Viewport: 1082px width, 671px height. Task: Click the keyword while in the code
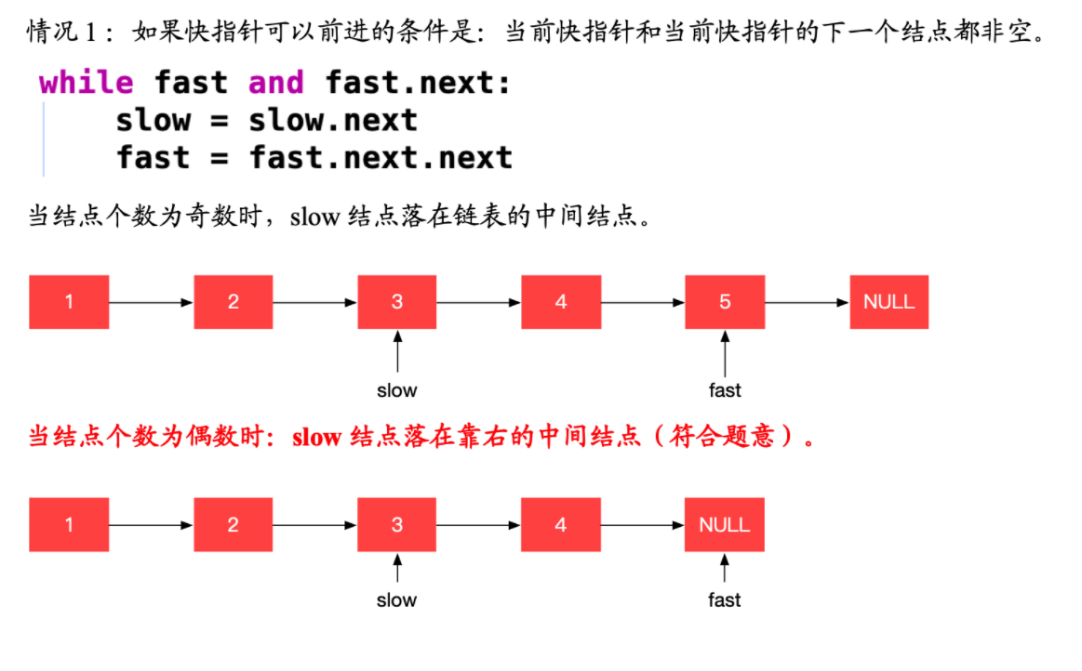pos(87,83)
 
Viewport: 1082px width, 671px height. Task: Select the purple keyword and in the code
pos(276,83)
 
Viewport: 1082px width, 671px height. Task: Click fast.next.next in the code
pos(381,158)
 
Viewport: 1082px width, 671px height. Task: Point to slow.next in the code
pos(333,121)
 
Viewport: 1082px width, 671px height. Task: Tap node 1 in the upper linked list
pos(69,302)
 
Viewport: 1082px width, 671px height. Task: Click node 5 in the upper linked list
pos(725,302)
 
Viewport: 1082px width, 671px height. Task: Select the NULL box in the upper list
pos(888,302)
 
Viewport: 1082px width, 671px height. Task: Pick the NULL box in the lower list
pos(725,525)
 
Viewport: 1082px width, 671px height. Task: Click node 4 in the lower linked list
pos(561,525)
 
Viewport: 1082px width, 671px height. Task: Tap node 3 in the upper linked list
pos(396,302)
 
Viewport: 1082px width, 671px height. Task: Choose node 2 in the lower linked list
pos(234,525)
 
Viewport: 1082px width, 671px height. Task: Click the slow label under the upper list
pos(396,390)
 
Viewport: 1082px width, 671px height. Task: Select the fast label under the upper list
pos(725,390)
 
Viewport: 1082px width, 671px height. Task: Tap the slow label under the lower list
pos(396,600)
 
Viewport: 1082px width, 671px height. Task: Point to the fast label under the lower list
pos(725,600)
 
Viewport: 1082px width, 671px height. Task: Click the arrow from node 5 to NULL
pos(808,302)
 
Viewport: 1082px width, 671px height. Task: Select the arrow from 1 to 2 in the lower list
pos(151,525)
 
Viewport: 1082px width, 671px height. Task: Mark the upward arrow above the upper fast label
pos(725,353)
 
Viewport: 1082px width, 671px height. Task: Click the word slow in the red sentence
pos(316,437)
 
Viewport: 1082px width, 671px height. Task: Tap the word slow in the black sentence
pos(314,217)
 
